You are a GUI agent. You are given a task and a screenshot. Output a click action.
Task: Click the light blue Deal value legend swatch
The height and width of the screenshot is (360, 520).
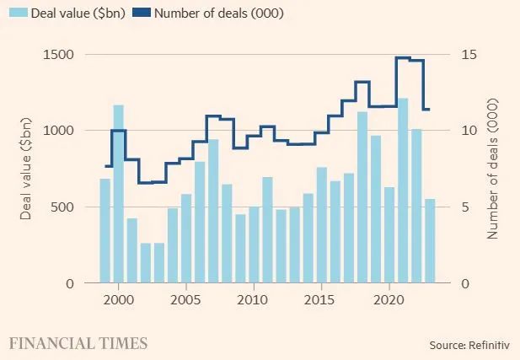coord(17,13)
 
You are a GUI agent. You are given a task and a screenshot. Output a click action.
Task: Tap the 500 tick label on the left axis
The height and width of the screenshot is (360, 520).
coord(63,207)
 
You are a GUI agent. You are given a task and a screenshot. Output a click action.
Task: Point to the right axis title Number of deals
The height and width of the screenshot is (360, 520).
coord(492,169)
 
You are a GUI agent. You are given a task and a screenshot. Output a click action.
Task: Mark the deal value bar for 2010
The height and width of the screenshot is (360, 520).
coord(254,244)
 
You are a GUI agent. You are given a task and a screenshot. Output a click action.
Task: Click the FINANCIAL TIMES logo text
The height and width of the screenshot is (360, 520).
coord(78,343)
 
